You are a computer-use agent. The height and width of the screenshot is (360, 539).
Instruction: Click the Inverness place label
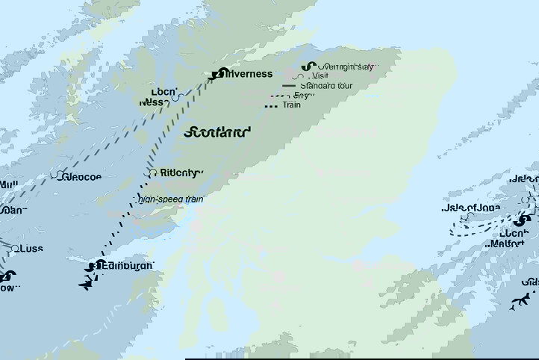(x=249, y=74)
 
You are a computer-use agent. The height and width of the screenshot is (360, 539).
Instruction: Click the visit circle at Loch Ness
(x=175, y=96)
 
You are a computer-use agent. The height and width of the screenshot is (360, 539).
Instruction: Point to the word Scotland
(x=216, y=132)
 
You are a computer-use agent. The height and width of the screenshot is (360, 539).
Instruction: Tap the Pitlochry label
(x=180, y=173)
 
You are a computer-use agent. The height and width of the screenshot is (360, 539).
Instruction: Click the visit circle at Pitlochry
(x=152, y=173)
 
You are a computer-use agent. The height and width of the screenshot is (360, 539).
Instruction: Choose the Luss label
(x=33, y=249)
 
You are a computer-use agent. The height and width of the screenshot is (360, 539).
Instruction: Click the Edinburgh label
(x=128, y=266)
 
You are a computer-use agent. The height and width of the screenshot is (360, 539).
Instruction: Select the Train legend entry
(x=292, y=105)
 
